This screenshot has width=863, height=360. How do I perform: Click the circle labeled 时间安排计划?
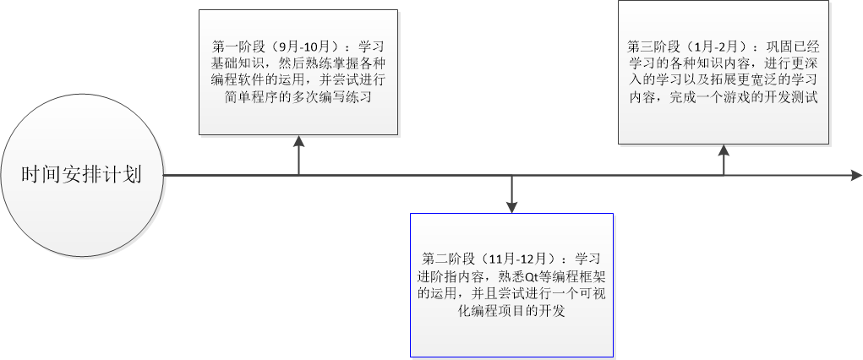[81, 175]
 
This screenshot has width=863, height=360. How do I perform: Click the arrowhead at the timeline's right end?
[855, 176]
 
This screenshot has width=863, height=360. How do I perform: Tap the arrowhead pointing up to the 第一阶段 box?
[298, 140]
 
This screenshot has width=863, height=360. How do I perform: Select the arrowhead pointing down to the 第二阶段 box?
[511, 205]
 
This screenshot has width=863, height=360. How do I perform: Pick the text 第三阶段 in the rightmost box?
[651, 45]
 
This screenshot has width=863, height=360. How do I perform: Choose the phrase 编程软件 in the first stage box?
[240, 80]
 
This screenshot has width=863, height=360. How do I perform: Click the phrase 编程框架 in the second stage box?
[576, 275]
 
